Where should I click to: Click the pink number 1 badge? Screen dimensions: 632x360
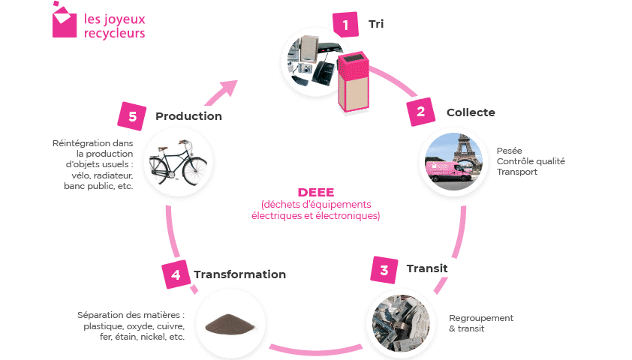point(345,25)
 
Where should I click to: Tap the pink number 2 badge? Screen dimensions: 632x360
point(421,112)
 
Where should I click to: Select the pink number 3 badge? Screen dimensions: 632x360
point(384,270)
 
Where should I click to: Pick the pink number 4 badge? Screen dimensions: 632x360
point(176,274)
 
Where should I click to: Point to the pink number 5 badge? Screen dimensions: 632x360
point(132,116)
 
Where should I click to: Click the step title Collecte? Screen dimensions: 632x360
point(471,112)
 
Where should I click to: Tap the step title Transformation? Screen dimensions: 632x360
point(240,274)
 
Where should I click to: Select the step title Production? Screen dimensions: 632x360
point(188,116)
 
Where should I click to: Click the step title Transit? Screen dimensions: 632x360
point(427,268)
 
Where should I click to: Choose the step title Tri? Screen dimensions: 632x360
point(376,24)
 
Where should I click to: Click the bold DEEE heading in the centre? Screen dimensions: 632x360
point(316,192)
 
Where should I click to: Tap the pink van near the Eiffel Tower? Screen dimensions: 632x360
point(449,171)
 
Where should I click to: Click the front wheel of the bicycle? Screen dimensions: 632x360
point(194,170)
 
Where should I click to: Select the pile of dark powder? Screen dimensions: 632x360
point(230,324)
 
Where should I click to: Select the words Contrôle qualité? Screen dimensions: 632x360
point(531,161)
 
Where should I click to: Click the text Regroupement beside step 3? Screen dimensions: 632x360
point(481,318)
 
